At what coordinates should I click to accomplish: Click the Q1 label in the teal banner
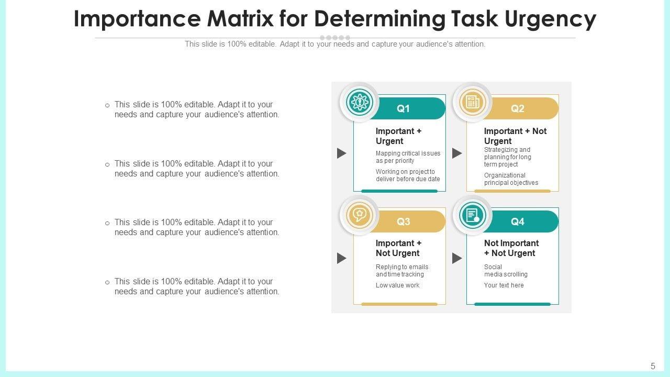click(403, 108)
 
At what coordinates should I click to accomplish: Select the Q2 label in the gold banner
click(517, 108)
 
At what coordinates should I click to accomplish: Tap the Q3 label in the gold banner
click(403, 221)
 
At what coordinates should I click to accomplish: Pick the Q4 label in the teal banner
click(517, 221)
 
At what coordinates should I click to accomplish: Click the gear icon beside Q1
click(360, 102)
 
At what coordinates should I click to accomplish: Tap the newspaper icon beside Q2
click(473, 102)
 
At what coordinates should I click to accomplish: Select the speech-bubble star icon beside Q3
click(360, 215)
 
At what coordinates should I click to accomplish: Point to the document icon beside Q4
click(473, 215)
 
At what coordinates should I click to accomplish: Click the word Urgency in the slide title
click(550, 19)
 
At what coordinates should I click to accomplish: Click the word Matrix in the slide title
click(240, 19)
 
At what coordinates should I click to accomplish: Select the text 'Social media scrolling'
click(506, 271)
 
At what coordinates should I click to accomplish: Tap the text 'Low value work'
click(397, 285)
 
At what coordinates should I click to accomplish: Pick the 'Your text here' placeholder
click(504, 285)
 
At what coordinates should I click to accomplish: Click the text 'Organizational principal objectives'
click(511, 179)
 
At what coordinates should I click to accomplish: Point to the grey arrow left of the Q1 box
click(342, 153)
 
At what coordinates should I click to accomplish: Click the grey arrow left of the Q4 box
click(457, 258)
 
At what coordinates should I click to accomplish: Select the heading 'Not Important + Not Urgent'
click(511, 248)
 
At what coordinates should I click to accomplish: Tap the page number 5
click(653, 367)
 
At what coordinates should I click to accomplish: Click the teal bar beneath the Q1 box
click(399, 191)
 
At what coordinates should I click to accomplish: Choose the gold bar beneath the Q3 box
click(399, 304)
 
